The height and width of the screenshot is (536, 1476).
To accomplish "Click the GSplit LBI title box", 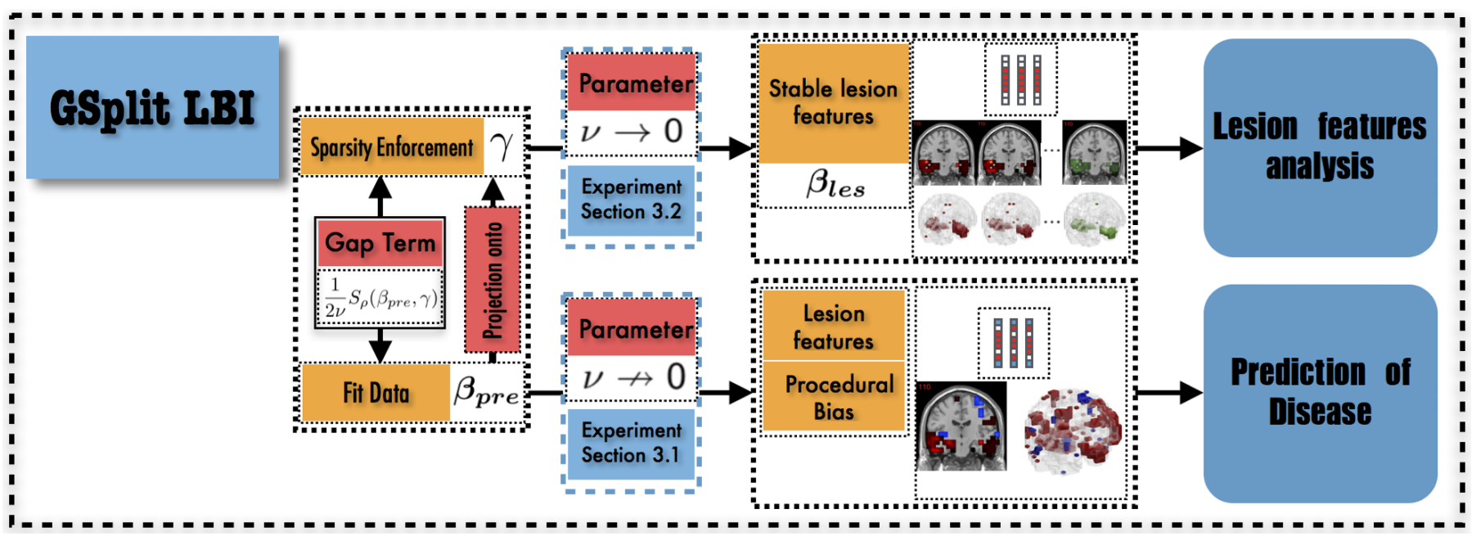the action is (152, 107).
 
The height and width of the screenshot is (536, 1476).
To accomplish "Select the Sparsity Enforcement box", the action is (392, 147).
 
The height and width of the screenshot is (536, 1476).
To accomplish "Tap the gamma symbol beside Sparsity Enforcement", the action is (502, 146).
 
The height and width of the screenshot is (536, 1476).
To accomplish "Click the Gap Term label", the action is (380, 243).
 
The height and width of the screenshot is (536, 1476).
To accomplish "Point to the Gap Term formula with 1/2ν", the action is (380, 298).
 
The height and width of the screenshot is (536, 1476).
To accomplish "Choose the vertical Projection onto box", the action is (493, 280).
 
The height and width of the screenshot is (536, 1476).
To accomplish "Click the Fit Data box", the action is (376, 393).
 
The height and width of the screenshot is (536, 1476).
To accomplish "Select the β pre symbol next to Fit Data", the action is (486, 391).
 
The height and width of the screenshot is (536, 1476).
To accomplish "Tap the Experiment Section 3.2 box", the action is (631, 200).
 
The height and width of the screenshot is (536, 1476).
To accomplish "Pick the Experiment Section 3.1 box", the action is (631, 443).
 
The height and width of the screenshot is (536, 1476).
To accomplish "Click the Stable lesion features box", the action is (834, 103).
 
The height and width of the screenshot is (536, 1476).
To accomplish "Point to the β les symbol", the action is (835, 184).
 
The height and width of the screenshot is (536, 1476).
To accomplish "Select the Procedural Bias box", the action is (834, 397).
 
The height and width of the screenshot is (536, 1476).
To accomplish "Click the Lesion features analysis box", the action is (1320, 147).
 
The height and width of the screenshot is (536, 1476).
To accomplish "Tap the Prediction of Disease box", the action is (1320, 393).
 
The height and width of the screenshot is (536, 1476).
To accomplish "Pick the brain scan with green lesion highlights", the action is (1095, 153).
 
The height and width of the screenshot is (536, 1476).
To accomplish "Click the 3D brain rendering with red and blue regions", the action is (1073, 430).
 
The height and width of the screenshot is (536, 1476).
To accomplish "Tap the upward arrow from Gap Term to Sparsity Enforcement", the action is (380, 196).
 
